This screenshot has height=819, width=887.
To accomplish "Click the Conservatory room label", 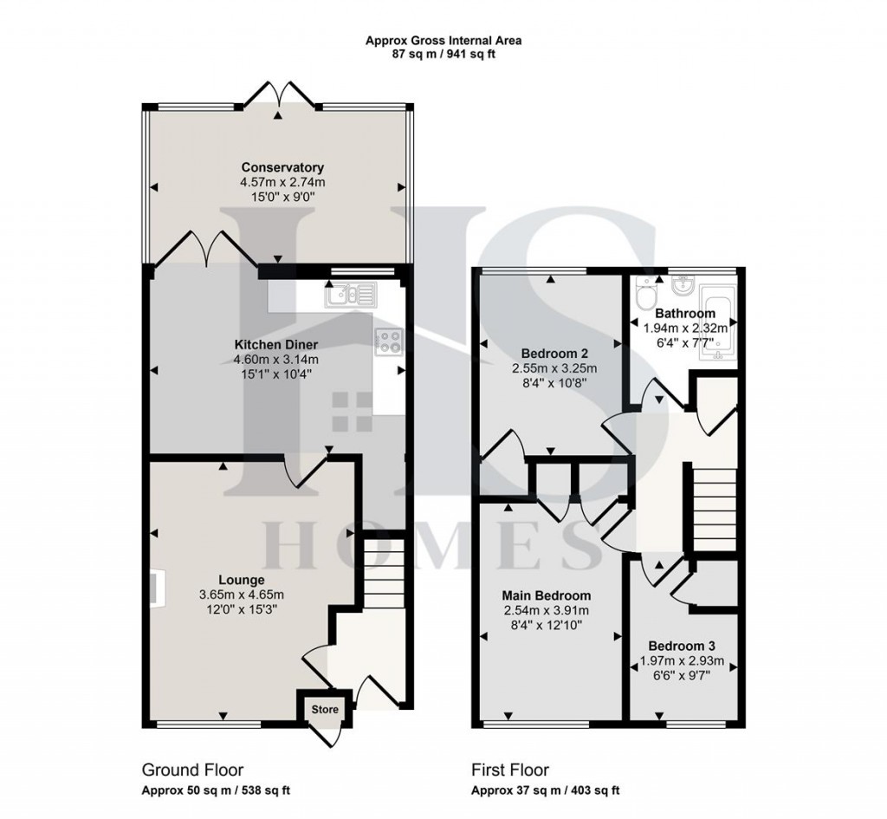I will [x=282, y=167].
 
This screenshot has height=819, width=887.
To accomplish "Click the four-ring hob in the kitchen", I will [x=386, y=341].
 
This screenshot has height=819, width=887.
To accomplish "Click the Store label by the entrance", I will [x=325, y=710].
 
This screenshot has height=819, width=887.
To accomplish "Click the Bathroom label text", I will [x=684, y=313].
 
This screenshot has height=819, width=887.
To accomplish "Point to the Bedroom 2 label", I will [x=554, y=354].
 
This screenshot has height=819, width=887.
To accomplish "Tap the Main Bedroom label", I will [x=547, y=596].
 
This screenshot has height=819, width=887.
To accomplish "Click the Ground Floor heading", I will [x=192, y=770].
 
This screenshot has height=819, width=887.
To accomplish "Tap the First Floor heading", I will [x=510, y=770].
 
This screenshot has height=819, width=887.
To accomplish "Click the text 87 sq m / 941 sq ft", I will [x=443, y=54].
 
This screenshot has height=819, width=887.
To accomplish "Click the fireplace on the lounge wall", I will [x=156, y=588].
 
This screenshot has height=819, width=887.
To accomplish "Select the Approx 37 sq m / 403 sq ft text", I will [x=545, y=790].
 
